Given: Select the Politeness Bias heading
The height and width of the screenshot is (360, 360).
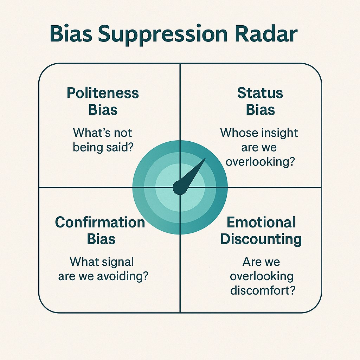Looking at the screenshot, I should pos(103,102).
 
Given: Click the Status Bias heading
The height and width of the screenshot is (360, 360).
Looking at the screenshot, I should pos(260,102).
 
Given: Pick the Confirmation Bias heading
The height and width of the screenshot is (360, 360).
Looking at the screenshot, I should pos(100,231).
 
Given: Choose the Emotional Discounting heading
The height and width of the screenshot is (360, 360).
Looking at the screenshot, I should pos(261,231).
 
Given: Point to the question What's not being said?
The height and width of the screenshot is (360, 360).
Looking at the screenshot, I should pos(103,140).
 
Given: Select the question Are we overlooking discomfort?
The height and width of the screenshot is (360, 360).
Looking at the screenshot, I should pos(262,276).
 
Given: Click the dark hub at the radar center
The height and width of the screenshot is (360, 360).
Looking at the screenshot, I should pos(180,188).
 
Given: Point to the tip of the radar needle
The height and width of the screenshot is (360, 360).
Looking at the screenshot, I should pos(205,159).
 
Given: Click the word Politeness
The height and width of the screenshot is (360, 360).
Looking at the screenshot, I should pos(103,94).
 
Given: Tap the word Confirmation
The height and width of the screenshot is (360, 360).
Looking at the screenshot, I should pos(100,223).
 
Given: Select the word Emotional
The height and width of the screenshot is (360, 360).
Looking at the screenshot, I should pos(261,223).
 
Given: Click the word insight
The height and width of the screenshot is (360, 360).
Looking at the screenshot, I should pos(280,133).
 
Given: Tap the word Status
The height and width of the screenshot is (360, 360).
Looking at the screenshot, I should pos(260,93).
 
